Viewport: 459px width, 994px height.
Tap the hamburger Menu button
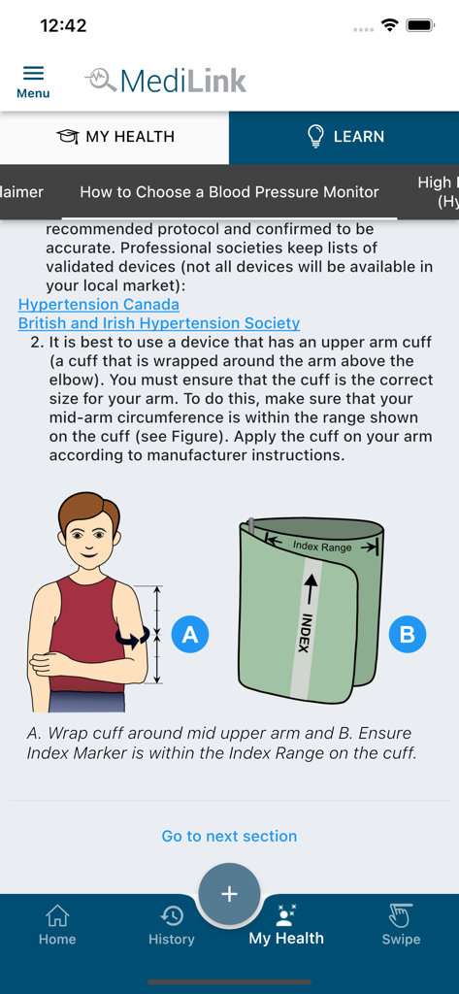[x=33, y=81]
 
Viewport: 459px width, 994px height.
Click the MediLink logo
[x=166, y=81]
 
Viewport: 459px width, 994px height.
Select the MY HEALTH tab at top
[x=115, y=137]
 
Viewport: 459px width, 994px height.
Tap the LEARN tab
[x=344, y=137]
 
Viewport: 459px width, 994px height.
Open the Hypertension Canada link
[x=98, y=304]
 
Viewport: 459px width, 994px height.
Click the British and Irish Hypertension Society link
[x=159, y=323]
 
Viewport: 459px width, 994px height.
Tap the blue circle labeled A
[x=190, y=635]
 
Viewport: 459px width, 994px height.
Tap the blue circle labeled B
[x=407, y=635]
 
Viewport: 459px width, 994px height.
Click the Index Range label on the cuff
[x=322, y=547]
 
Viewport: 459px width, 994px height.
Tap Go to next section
[x=229, y=836]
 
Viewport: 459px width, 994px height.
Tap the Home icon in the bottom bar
[x=57, y=924]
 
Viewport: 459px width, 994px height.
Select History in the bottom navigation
[x=172, y=924]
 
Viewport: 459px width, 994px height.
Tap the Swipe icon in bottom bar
[x=401, y=924]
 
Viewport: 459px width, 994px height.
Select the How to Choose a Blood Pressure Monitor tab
[x=229, y=192]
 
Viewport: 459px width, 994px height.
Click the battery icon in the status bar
[x=420, y=26]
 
